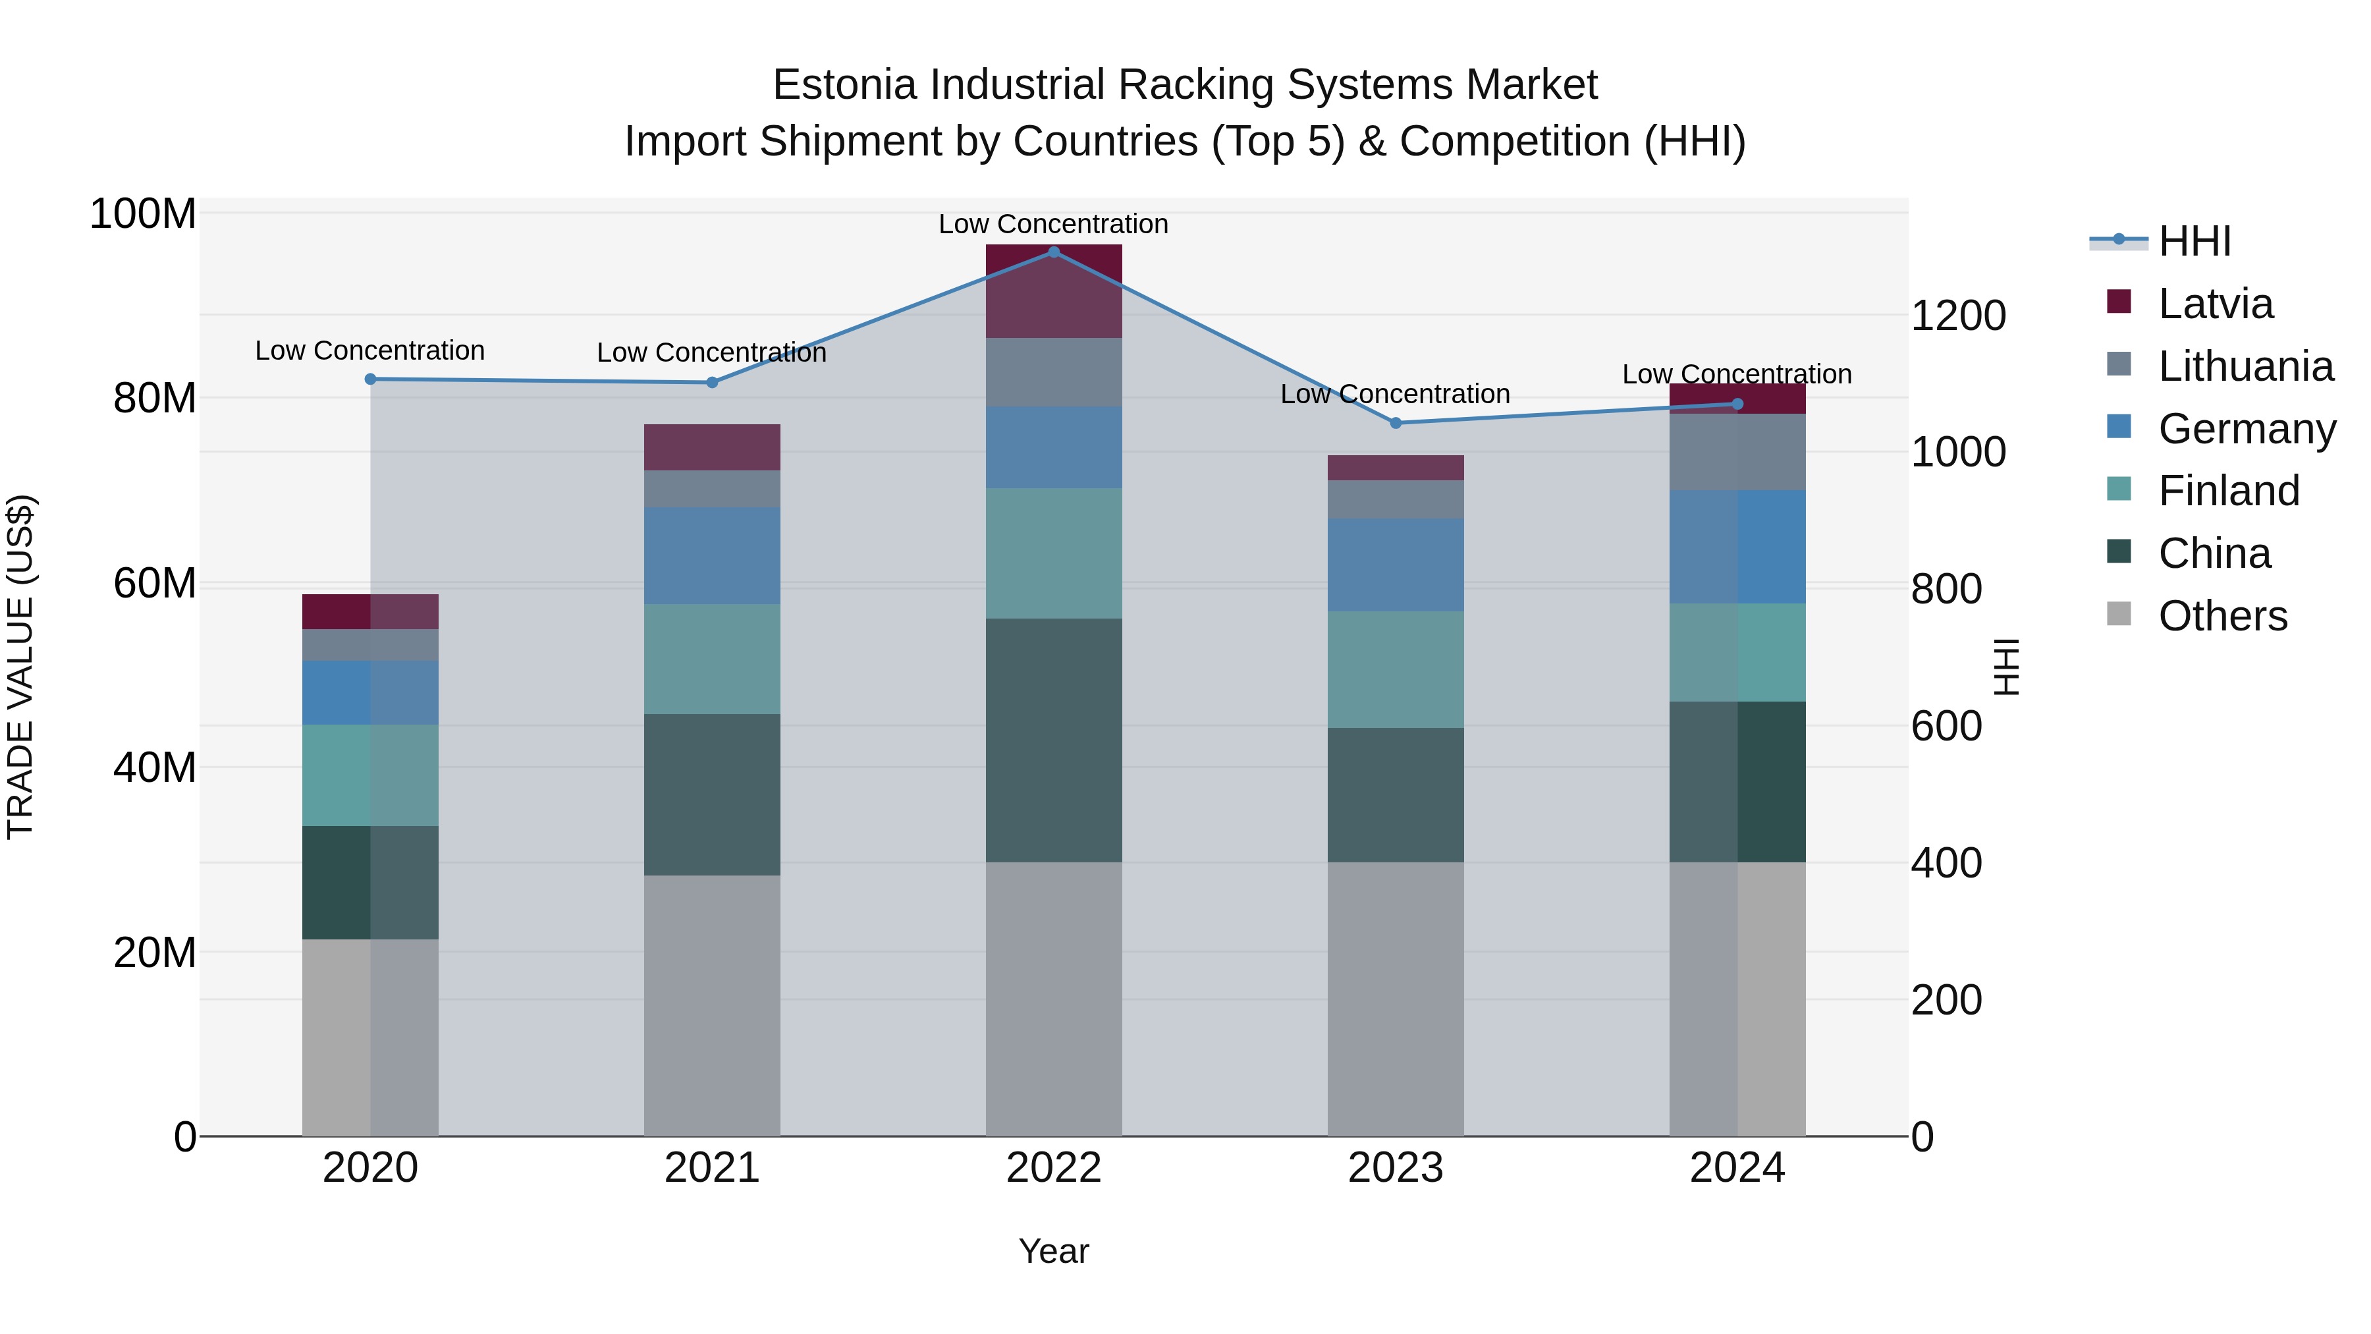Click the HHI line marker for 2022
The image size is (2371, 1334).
point(1054,252)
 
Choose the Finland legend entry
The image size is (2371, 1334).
point(2227,491)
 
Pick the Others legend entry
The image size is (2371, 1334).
point(2222,617)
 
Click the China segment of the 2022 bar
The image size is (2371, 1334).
point(1054,740)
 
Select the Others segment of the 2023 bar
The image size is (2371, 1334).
point(1396,999)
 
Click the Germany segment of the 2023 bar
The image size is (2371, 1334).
point(1396,565)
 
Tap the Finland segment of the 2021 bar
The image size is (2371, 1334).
point(711,659)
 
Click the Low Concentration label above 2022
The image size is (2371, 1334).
point(1054,225)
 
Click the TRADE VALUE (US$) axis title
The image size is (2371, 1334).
point(21,667)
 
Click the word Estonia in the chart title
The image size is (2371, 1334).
point(844,86)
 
